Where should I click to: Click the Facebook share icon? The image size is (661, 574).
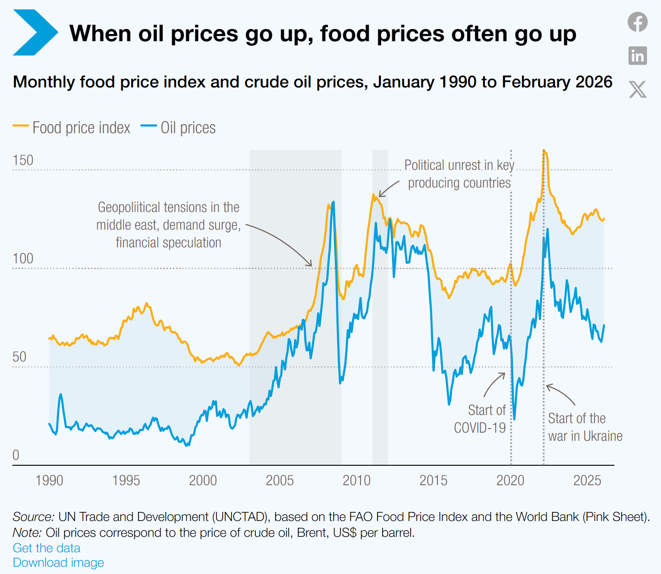click(x=637, y=22)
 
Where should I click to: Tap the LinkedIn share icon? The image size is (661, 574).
click(x=637, y=56)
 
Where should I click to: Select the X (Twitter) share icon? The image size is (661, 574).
click(x=637, y=89)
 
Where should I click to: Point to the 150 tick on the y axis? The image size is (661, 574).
click(x=23, y=160)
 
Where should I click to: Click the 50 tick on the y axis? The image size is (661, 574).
click(x=19, y=357)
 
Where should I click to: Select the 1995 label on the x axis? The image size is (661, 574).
click(x=126, y=480)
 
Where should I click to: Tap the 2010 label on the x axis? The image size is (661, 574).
click(x=356, y=480)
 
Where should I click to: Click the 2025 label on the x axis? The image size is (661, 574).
click(x=587, y=480)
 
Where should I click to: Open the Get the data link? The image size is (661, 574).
click(x=47, y=548)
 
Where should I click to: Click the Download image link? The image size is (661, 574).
click(x=58, y=563)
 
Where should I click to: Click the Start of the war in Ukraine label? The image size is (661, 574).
click(x=585, y=427)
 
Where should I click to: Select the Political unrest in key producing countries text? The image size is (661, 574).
click(x=459, y=174)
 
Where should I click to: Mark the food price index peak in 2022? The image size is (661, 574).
click(x=544, y=151)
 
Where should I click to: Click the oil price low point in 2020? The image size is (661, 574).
click(x=514, y=419)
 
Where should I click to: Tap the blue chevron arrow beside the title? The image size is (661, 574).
click(x=35, y=33)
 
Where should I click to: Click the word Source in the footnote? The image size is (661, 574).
click(x=33, y=517)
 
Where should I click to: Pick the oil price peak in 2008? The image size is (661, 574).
click(x=334, y=202)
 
